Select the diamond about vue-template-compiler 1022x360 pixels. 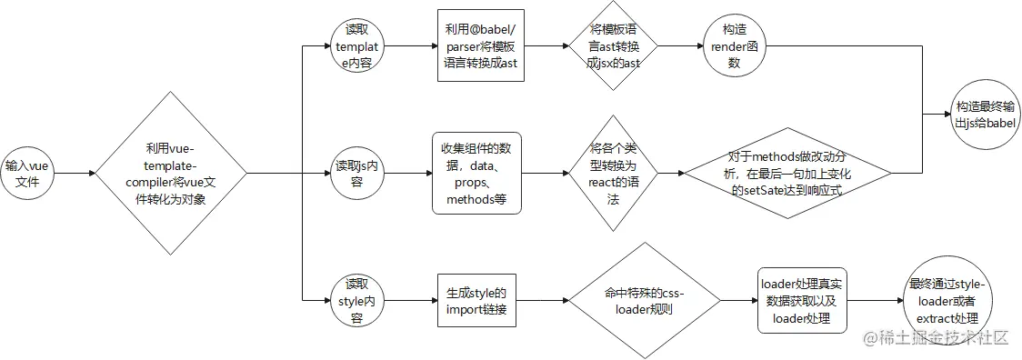pyautogui.click(x=171, y=173)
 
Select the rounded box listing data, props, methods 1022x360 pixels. pyautogui.click(x=476, y=173)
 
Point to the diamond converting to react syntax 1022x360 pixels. pyautogui.click(x=612, y=173)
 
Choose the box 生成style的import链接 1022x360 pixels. pyautogui.click(x=476, y=300)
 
